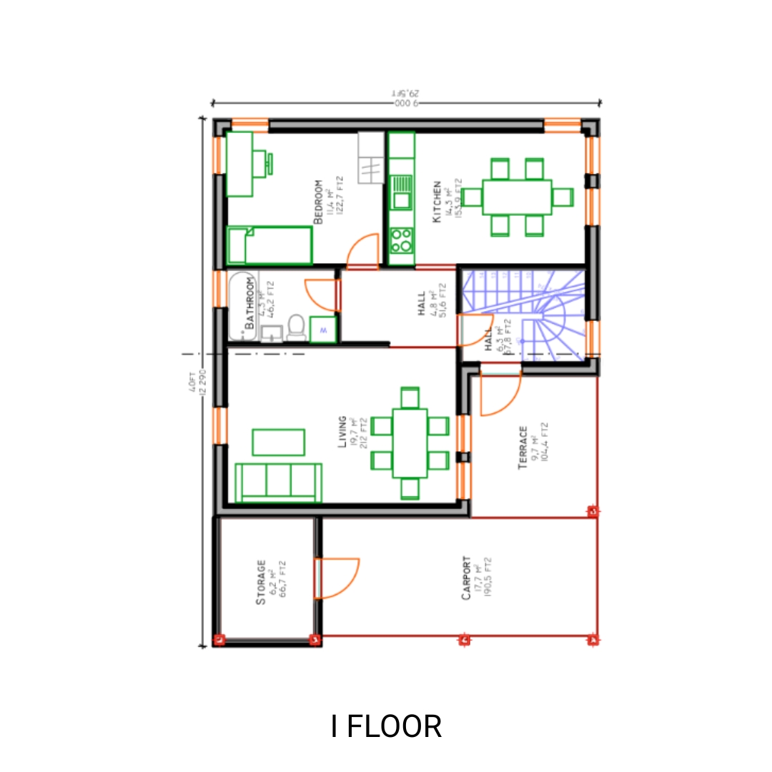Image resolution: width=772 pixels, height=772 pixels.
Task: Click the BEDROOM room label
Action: tap(319, 202)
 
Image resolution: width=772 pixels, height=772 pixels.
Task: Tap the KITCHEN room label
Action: tap(437, 202)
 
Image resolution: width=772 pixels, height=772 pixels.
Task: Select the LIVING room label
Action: tap(342, 432)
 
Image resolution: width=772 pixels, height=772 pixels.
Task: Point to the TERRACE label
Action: tap(523, 448)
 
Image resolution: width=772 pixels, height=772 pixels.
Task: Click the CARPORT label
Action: tap(466, 578)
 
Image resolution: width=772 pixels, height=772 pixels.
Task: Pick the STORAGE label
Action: tap(261, 583)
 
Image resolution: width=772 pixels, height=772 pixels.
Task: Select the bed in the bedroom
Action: tap(270, 245)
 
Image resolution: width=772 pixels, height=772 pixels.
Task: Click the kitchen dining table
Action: tap(518, 197)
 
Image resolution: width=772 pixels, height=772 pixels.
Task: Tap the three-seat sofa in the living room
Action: tap(279, 482)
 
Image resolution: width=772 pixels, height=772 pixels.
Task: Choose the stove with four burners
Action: tap(402, 239)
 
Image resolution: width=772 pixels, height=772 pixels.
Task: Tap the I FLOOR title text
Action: tap(387, 726)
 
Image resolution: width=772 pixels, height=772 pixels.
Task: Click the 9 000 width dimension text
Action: tap(406, 104)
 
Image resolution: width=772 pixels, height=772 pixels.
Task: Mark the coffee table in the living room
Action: tap(279, 442)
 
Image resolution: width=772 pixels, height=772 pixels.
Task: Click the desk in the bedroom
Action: tap(240, 164)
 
